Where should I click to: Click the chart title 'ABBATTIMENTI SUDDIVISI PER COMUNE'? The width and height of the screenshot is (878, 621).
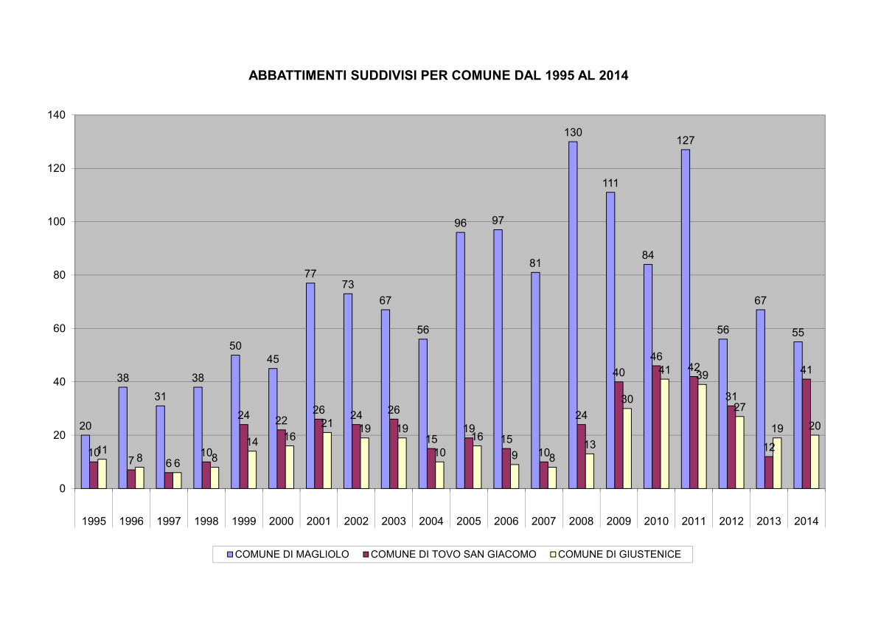click(438, 75)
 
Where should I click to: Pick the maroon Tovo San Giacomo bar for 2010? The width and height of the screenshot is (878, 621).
click(656, 427)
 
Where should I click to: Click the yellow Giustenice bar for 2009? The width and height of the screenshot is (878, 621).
click(627, 448)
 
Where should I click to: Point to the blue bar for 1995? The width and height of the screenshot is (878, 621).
click(86, 462)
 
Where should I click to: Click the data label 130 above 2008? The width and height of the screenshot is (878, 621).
click(574, 133)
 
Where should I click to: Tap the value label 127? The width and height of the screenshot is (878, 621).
click(686, 141)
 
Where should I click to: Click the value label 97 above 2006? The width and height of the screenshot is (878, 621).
click(498, 221)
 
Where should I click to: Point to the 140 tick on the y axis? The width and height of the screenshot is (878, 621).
click(58, 115)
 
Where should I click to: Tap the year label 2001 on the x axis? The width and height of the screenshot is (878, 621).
click(318, 521)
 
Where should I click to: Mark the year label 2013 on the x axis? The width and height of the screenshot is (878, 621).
click(769, 521)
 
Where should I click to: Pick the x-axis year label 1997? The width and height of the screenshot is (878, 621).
click(169, 521)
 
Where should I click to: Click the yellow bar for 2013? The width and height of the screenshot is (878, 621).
click(777, 463)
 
